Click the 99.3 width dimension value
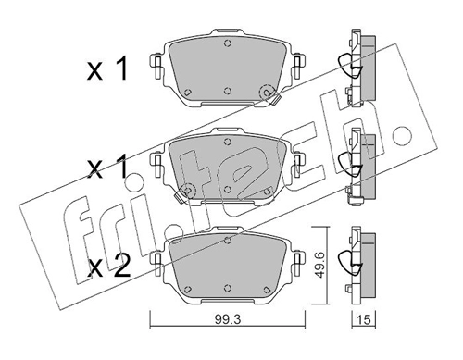(229, 319)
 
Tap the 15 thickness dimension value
(365, 319)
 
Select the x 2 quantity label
(108, 267)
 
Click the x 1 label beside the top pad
(107, 69)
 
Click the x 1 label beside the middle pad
(107, 168)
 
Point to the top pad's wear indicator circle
(267, 93)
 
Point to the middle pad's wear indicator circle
(188, 192)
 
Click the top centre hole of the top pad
(228, 43)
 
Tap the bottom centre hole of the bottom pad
(228, 288)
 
